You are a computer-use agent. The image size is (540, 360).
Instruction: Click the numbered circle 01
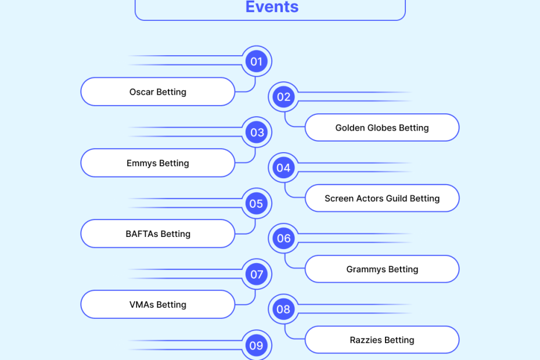(256, 61)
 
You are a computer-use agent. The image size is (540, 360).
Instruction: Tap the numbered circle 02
(283, 97)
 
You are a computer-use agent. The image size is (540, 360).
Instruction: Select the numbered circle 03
(257, 132)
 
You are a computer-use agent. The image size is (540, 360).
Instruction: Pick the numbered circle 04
(283, 168)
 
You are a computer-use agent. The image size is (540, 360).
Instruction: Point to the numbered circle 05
(256, 204)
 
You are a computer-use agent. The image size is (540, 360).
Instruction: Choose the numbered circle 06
(283, 239)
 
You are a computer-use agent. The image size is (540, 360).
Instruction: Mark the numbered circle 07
(257, 275)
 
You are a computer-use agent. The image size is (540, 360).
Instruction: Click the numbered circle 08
(283, 309)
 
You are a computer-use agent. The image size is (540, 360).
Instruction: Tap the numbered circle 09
(256, 345)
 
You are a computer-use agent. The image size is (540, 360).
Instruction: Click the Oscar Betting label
(158, 92)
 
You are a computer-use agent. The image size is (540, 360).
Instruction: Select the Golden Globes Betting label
(382, 128)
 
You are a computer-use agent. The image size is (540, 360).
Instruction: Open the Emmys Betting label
(158, 163)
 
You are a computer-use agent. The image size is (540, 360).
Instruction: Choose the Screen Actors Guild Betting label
(382, 199)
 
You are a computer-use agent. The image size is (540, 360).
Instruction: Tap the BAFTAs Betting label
(158, 234)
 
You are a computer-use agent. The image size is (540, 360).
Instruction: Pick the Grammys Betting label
(382, 269)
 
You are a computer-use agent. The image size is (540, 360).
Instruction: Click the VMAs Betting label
(158, 305)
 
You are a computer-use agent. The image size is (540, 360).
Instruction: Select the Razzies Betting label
(382, 340)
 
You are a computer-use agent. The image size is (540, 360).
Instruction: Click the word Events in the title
(272, 7)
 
